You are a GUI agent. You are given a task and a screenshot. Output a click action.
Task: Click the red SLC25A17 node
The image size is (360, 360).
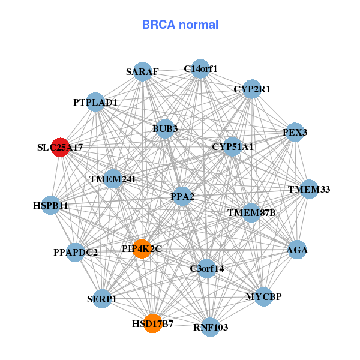[x=61, y=148]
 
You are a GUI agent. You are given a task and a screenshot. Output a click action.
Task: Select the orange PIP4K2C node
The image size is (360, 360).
[x=142, y=249]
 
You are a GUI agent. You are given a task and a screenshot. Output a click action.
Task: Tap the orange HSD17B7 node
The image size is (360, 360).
[x=153, y=323]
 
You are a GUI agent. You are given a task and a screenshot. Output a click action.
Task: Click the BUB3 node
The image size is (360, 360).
[x=165, y=129]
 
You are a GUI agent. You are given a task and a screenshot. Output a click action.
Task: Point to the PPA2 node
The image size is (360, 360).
[x=182, y=196]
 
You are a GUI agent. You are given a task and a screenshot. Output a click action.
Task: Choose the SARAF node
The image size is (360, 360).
[x=143, y=71]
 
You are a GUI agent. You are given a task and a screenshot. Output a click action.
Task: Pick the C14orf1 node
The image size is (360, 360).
[x=200, y=69]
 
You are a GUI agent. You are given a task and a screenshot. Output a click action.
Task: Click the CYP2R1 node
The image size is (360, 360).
[x=252, y=89]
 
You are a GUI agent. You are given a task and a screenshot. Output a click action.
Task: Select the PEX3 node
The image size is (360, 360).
[x=295, y=132]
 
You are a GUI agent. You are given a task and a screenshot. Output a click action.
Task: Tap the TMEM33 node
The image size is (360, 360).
[x=309, y=189]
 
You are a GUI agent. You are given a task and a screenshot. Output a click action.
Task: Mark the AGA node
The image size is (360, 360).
[x=297, y=250]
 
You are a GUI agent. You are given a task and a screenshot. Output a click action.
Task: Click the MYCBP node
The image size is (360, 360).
[x=264, y=297]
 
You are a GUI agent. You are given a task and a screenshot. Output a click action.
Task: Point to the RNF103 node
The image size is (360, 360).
[x=211, y=327]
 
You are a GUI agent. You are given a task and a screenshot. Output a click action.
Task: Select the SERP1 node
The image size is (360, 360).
[x=102, y=299]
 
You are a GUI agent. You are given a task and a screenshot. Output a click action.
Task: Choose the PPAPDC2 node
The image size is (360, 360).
[x=76, y=253]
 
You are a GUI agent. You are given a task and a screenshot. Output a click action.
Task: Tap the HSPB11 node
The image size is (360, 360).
[x=51, y=205]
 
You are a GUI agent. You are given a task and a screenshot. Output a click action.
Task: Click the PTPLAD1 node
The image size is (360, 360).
[x=95, y=102]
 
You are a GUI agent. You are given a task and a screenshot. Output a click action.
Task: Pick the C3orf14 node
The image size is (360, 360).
[x=207, y=269]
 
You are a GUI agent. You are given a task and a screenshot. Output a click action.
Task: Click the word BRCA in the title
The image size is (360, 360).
[x=158, y=25]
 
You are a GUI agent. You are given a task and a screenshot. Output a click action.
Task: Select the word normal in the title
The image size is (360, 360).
[x=199, y=25]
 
